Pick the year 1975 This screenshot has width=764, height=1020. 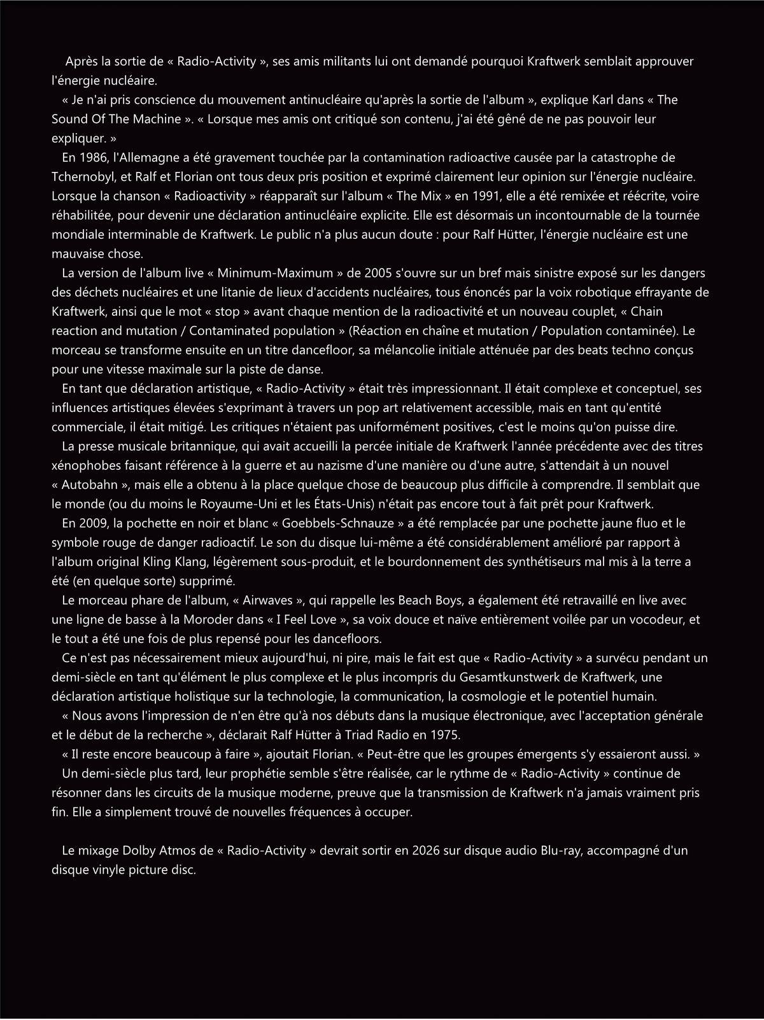[445, 735]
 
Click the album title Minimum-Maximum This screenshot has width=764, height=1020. [275, 273]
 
